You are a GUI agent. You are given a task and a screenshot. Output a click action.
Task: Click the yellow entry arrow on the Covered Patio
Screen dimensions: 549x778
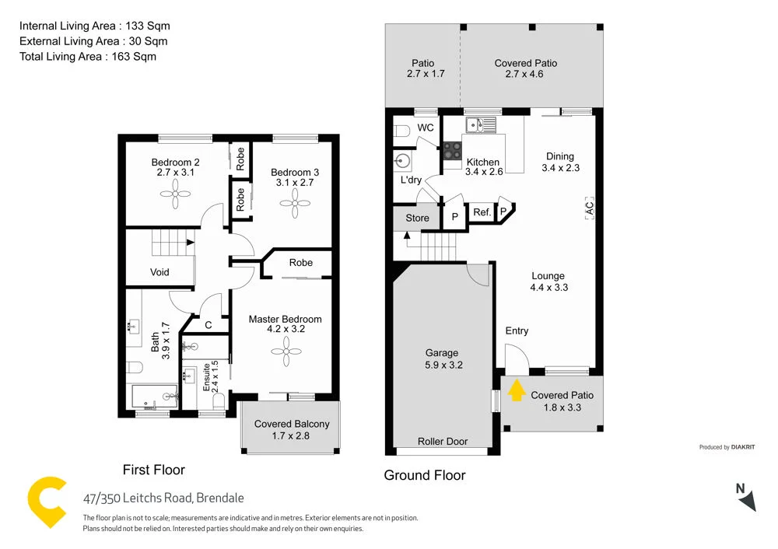tap(515, 390)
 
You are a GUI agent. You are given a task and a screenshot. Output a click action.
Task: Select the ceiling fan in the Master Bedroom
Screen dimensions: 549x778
tap(285, 351)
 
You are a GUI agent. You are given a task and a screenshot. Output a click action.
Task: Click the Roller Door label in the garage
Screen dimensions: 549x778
tap(443, 441)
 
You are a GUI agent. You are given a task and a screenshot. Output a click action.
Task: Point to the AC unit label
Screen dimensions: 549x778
tap(589, 208)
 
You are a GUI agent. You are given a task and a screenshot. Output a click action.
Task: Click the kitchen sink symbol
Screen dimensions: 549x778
tap(475, 124)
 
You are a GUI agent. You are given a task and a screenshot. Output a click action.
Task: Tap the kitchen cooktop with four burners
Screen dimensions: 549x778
tap(452, 150)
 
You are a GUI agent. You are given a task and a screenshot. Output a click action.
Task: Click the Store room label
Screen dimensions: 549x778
tap(417, 218)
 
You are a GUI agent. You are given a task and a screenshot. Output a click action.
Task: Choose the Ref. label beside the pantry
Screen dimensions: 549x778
tap(482, 212)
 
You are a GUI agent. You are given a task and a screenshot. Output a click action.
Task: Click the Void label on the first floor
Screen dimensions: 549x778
tap(159, 272)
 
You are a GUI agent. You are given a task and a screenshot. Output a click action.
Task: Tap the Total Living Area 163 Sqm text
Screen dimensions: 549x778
tap(88, 56)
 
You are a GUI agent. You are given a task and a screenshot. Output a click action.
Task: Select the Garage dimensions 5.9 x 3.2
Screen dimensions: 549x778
tap(442, 364)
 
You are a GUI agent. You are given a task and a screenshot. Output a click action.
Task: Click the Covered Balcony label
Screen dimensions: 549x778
tap(292, 424)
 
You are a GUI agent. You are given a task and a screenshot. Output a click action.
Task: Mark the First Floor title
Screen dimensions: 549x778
tap(154, 470)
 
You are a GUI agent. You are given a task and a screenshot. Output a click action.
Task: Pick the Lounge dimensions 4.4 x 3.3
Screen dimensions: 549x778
tap(548, 287)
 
